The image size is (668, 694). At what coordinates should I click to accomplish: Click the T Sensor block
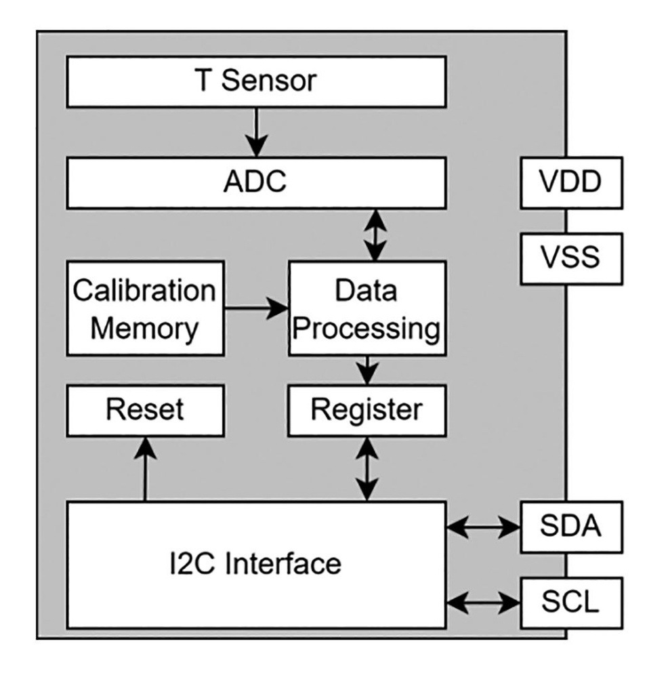256,81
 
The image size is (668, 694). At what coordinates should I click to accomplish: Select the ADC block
256,182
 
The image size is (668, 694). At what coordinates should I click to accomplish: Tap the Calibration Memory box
145,308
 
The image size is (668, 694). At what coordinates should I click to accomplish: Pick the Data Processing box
367,308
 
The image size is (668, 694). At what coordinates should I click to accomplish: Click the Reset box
145,410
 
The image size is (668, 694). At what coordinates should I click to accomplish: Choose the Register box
367,410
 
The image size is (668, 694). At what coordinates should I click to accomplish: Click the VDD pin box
571,182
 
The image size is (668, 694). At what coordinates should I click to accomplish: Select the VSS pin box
571,258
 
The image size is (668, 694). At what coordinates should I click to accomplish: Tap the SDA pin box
571,527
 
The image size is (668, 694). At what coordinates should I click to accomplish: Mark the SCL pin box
571,601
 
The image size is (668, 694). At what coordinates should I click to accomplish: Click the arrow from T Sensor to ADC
256,131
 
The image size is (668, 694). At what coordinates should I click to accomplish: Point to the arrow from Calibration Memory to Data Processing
256,309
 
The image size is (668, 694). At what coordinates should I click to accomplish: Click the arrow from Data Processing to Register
367,370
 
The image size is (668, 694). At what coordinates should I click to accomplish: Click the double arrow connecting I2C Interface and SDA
483,527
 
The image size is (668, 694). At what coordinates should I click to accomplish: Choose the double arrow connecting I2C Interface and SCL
483,601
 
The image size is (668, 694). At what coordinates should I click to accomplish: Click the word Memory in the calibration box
145,329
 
